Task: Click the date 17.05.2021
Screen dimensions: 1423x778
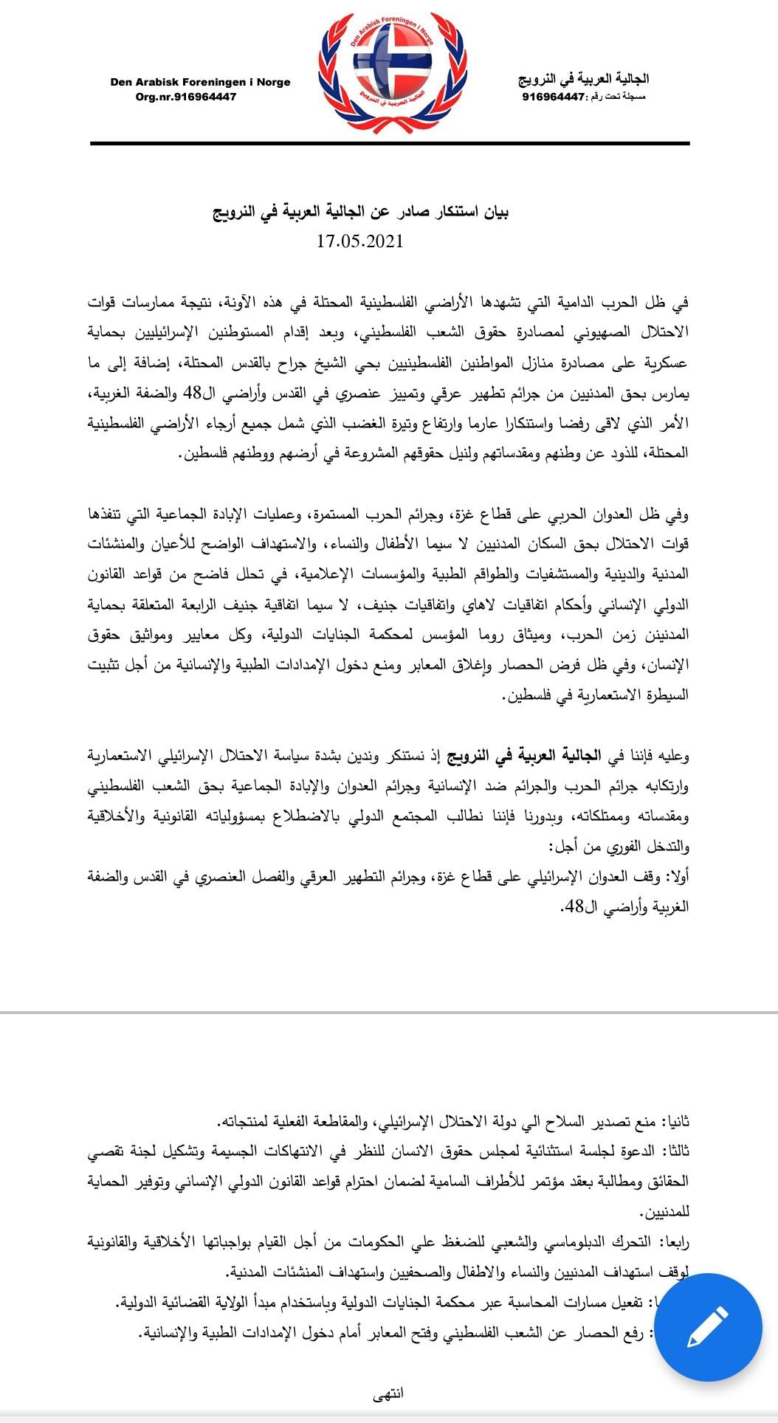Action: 360,241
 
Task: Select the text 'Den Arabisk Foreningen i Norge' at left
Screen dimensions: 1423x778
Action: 200,82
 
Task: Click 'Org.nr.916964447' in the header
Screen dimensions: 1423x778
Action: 186,97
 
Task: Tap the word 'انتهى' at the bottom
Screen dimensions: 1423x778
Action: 389,1393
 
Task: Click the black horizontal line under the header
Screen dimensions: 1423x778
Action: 390,143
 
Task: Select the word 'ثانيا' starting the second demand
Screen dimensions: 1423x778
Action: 675,1123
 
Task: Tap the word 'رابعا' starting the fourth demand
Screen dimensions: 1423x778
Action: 675,1243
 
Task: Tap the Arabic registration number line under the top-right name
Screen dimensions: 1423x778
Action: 583,97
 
